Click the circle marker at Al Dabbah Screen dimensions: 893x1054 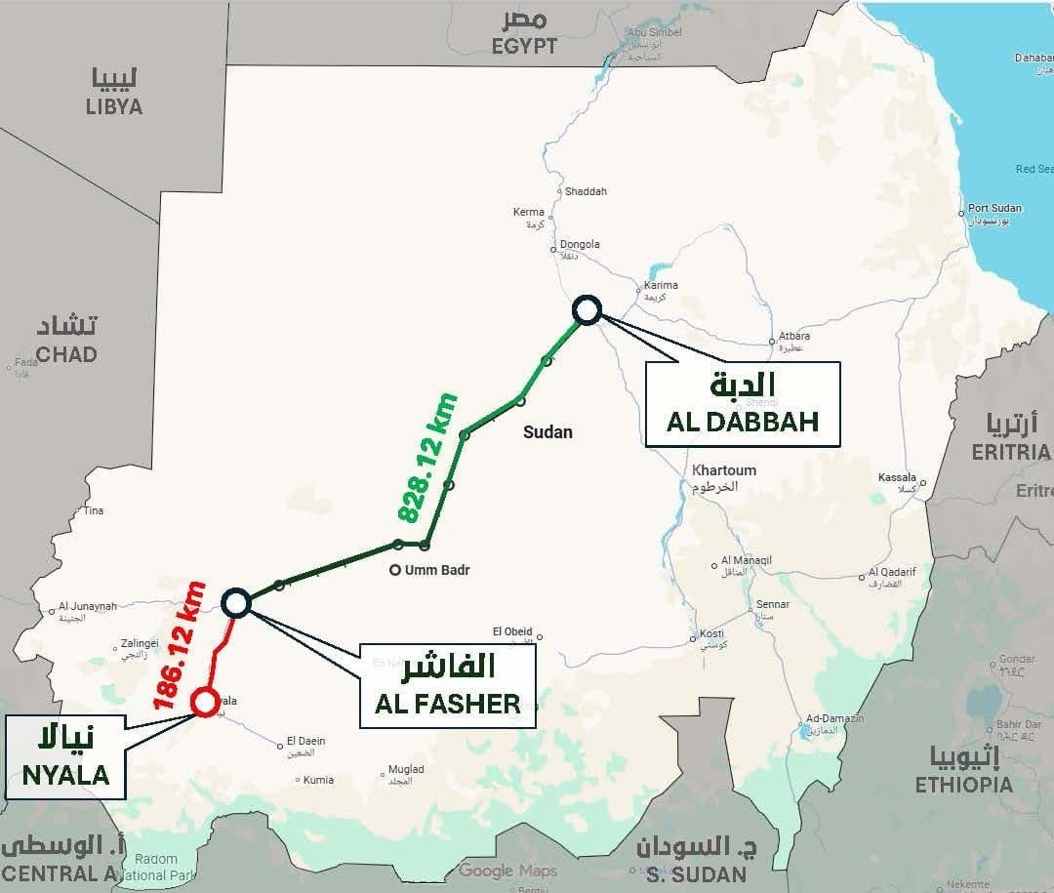tap(587, 309)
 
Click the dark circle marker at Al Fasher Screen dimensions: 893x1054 tap(237, 603)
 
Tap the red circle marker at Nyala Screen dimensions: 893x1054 tap(205, 702)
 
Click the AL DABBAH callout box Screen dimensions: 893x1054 tap(742, 404)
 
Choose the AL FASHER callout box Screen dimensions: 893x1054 tap(448, 685)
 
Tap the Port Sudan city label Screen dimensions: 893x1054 tap(994, 209)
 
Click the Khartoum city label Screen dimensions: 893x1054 tap(724, 470)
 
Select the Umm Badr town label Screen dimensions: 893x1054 tap(435, 570)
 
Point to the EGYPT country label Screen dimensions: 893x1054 tap(525, 46)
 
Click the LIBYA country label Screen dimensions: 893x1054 tap(114, 106)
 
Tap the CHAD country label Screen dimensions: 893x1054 tap(65, 353)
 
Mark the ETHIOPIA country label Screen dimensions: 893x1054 tap(963, 784)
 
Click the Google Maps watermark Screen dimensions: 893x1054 tap(507, 871)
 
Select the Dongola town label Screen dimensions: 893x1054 tap(580, 244)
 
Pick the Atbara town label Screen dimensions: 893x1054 tap(793, 337)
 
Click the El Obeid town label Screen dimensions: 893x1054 tap(512, 630)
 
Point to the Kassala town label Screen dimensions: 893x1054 tap(897, 478)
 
